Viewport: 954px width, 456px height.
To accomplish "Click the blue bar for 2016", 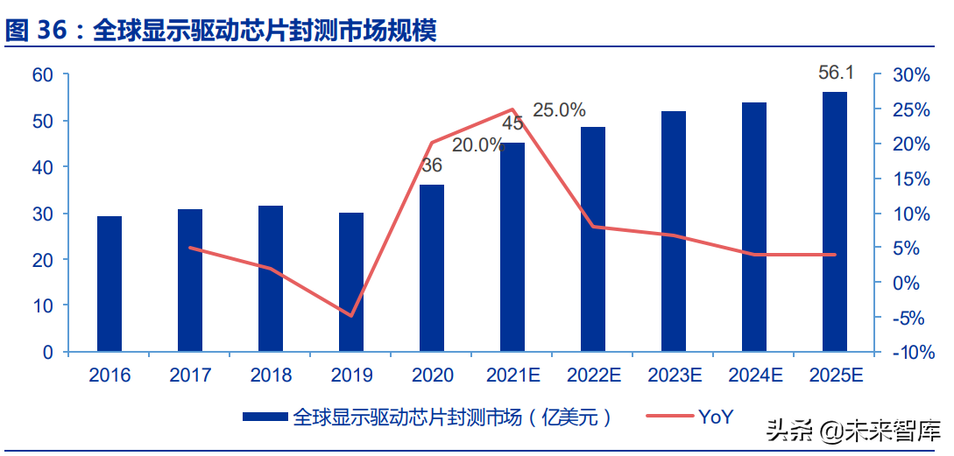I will tap(110, 284).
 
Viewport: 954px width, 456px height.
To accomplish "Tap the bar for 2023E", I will tap(674, 232).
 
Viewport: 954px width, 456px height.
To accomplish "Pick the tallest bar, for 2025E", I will tap(835, 222).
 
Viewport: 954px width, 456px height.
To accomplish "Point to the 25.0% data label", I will tap(559, 110).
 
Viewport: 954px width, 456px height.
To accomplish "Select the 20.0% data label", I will tap(478, 145).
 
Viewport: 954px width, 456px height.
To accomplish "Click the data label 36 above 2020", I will tap(431, 165).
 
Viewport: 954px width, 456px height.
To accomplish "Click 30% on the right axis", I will tap(909, 75).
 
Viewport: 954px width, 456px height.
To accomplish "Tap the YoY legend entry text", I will tap(715, 417).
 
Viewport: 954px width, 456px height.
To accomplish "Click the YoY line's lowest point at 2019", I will tap(351, 316).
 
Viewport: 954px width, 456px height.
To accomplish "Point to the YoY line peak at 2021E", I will tap(512, 109).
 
